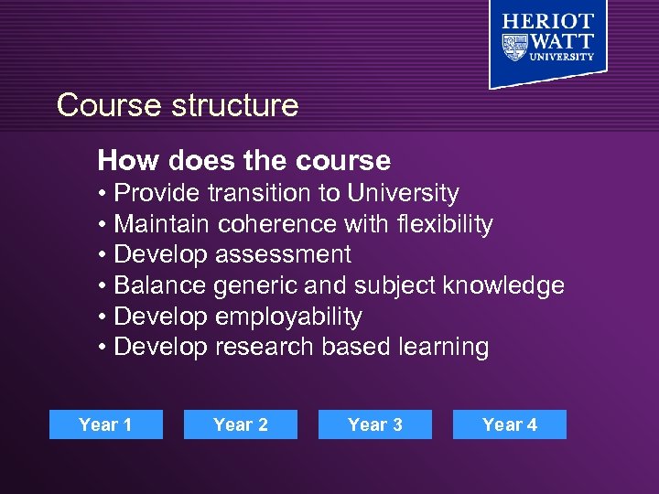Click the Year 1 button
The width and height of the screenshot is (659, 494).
(105, 424)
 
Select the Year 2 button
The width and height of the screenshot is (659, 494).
(241, 424)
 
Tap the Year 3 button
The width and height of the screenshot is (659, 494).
(375, 424)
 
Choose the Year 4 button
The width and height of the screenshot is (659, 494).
(510, 424)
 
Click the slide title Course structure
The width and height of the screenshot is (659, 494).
(178, 105)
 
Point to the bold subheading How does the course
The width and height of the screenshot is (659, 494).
(244, 161)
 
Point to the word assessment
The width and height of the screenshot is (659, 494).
(283, 254)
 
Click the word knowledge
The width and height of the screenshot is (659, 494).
(503, 285)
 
